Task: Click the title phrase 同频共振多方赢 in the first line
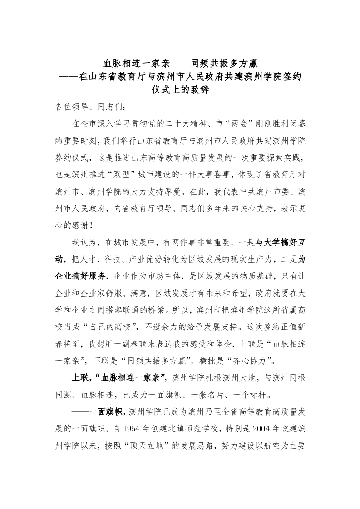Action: click(x=225, y=64)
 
